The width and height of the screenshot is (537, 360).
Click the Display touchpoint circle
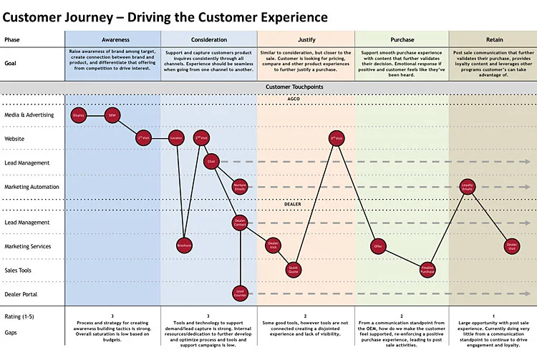(79, 115)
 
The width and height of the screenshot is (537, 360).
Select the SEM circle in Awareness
(112, 115)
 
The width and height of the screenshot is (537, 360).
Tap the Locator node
(176, 138)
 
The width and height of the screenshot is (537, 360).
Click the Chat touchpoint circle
(211, 162)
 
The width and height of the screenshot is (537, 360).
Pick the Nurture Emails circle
(240, 187)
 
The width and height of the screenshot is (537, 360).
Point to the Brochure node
(184, 245)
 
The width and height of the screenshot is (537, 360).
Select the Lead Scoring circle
(240, 293)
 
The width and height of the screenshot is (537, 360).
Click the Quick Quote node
(293, 270)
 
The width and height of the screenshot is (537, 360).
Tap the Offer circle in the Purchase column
(378, 245)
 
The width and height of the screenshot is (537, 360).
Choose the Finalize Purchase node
(427, 270)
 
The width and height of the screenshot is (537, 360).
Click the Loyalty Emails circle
(468, 187)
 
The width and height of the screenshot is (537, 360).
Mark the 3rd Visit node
(336, 138)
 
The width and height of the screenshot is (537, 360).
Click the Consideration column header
(209, 40)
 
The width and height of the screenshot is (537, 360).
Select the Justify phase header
(306, 40)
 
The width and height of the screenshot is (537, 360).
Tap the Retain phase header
(493, 40)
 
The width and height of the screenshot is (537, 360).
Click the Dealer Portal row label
(21, 294)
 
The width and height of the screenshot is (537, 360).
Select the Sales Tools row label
(19, 271)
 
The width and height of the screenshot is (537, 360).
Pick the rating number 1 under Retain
(493, 316)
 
